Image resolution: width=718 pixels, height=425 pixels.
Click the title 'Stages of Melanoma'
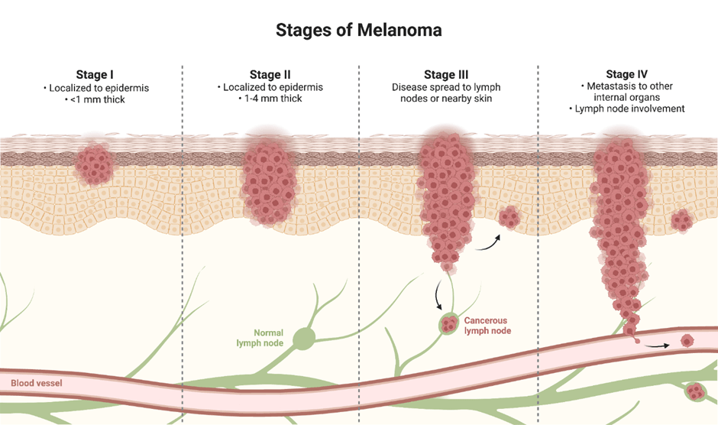click(x=358, y=31)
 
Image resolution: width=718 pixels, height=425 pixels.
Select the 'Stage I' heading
click(x=95, y=75)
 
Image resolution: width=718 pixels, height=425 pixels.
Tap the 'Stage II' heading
click(x=270, y=75)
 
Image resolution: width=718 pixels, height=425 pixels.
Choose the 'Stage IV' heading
click(x=626, y=75)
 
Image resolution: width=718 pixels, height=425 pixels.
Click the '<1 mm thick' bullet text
click(x=95, y=99)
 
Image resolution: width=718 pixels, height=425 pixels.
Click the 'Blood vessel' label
click(x=37, y=383)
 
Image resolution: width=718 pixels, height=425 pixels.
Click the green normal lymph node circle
click(x=304, y=339)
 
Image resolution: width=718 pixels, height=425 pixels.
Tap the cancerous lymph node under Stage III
click(x=448, y=326)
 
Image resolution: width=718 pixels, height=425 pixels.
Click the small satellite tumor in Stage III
click(x=509, y=219)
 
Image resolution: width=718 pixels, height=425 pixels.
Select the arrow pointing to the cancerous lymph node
click(x=438, y=295)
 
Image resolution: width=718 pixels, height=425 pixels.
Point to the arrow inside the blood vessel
click(x=659, y=346)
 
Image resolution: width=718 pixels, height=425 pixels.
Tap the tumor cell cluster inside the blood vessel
click(x=687, y=342)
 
